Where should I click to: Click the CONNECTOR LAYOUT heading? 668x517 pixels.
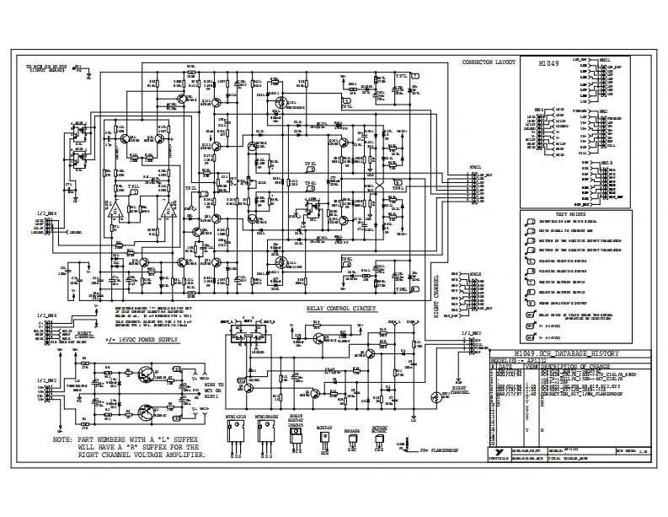coord(489,64)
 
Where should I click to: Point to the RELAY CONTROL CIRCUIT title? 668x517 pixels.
coord(341,310)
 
